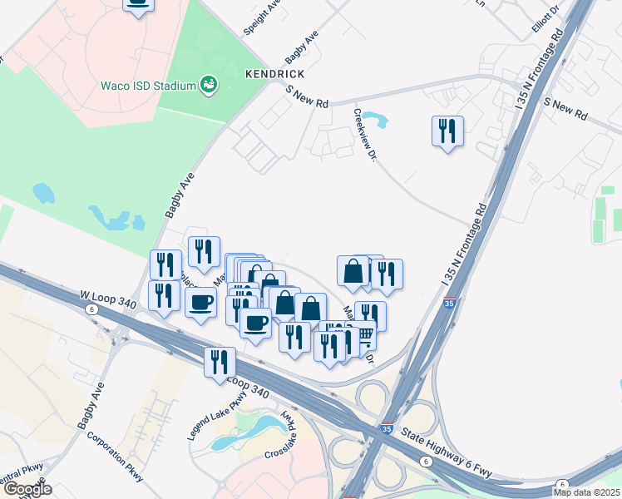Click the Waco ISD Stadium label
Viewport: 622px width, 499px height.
point(147,86)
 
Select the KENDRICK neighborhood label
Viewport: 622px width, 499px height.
point(271,74)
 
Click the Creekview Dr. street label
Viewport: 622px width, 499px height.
point(365,135)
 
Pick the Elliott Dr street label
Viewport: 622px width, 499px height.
point(546,18)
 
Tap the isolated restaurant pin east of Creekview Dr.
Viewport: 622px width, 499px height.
point(447,131)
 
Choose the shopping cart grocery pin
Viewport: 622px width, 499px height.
point(364,337)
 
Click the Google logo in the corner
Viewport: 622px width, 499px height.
point(27,489)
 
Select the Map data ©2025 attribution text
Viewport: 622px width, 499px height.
point(586,492)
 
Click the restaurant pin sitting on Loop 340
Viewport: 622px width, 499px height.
point(220,363)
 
